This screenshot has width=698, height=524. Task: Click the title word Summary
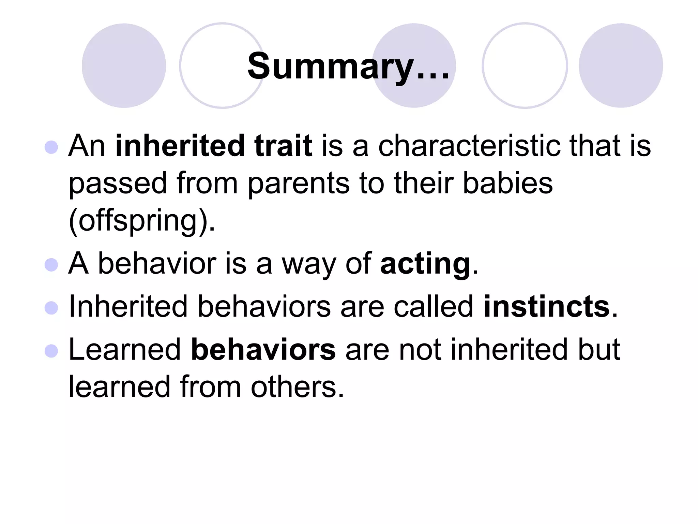pos(330,67)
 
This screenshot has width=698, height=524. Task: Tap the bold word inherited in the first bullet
pos(180,146)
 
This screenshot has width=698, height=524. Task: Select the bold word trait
pos(283,146)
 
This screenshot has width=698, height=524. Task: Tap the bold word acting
pos(425,264)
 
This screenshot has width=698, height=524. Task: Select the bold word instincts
pos(546,306)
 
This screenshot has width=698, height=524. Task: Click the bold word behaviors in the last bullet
pos(263,349)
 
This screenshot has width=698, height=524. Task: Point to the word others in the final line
pos(297,387)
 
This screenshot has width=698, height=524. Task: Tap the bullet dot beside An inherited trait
pos(51,147)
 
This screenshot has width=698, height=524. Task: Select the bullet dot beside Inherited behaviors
pos(51,308)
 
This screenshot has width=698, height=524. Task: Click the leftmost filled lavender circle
pos(124,65)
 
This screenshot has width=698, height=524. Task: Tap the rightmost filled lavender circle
pos(621,65)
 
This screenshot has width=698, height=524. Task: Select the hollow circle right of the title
pos(525,65)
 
